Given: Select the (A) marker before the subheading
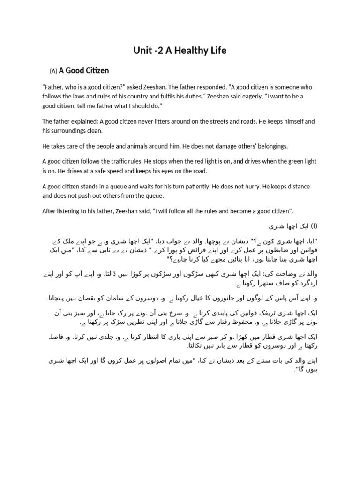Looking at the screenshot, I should [x=53, y=71].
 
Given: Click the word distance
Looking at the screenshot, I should [x=296, y=187].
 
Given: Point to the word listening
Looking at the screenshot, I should [x=70, y=211].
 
